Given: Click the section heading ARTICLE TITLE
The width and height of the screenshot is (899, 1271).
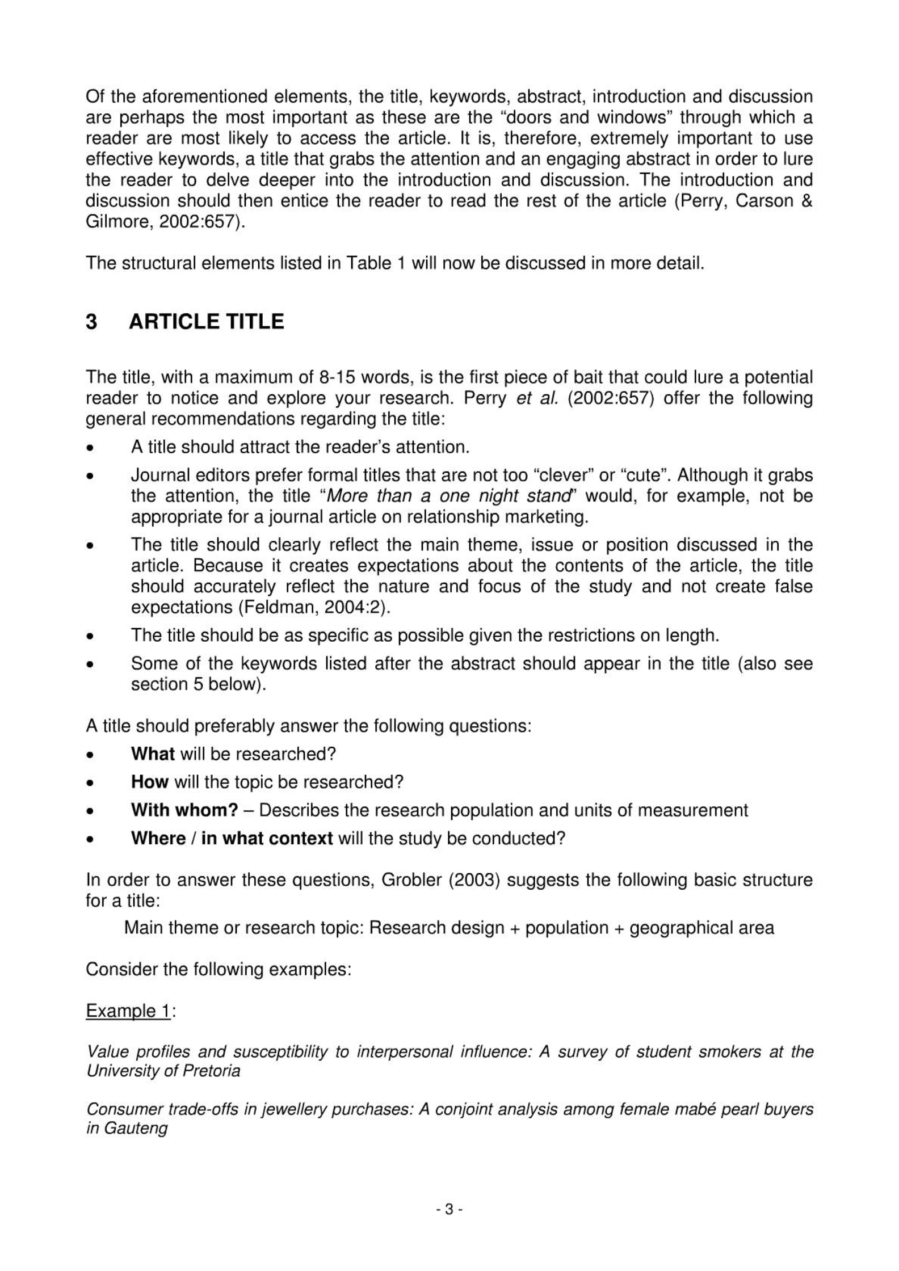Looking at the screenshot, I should (206, 322).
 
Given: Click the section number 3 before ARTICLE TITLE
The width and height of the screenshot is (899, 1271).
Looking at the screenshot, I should (91, 322).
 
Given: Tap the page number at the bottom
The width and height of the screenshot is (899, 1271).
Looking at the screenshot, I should (449, 1209).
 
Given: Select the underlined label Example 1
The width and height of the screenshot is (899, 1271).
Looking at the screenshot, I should (128, 1011).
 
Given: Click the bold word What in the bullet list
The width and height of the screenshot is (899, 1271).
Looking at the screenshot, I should (153, 754).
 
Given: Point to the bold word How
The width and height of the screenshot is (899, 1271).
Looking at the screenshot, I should (150, 781).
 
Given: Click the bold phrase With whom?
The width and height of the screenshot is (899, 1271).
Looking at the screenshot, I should (184, 810).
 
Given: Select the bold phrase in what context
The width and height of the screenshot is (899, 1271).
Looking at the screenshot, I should (267, 838).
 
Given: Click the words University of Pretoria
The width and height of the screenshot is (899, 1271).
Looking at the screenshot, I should (163, 1071).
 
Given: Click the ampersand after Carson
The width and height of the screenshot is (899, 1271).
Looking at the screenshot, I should (806, 201).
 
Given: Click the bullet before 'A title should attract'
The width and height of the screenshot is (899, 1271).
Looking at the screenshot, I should (90, 448).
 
